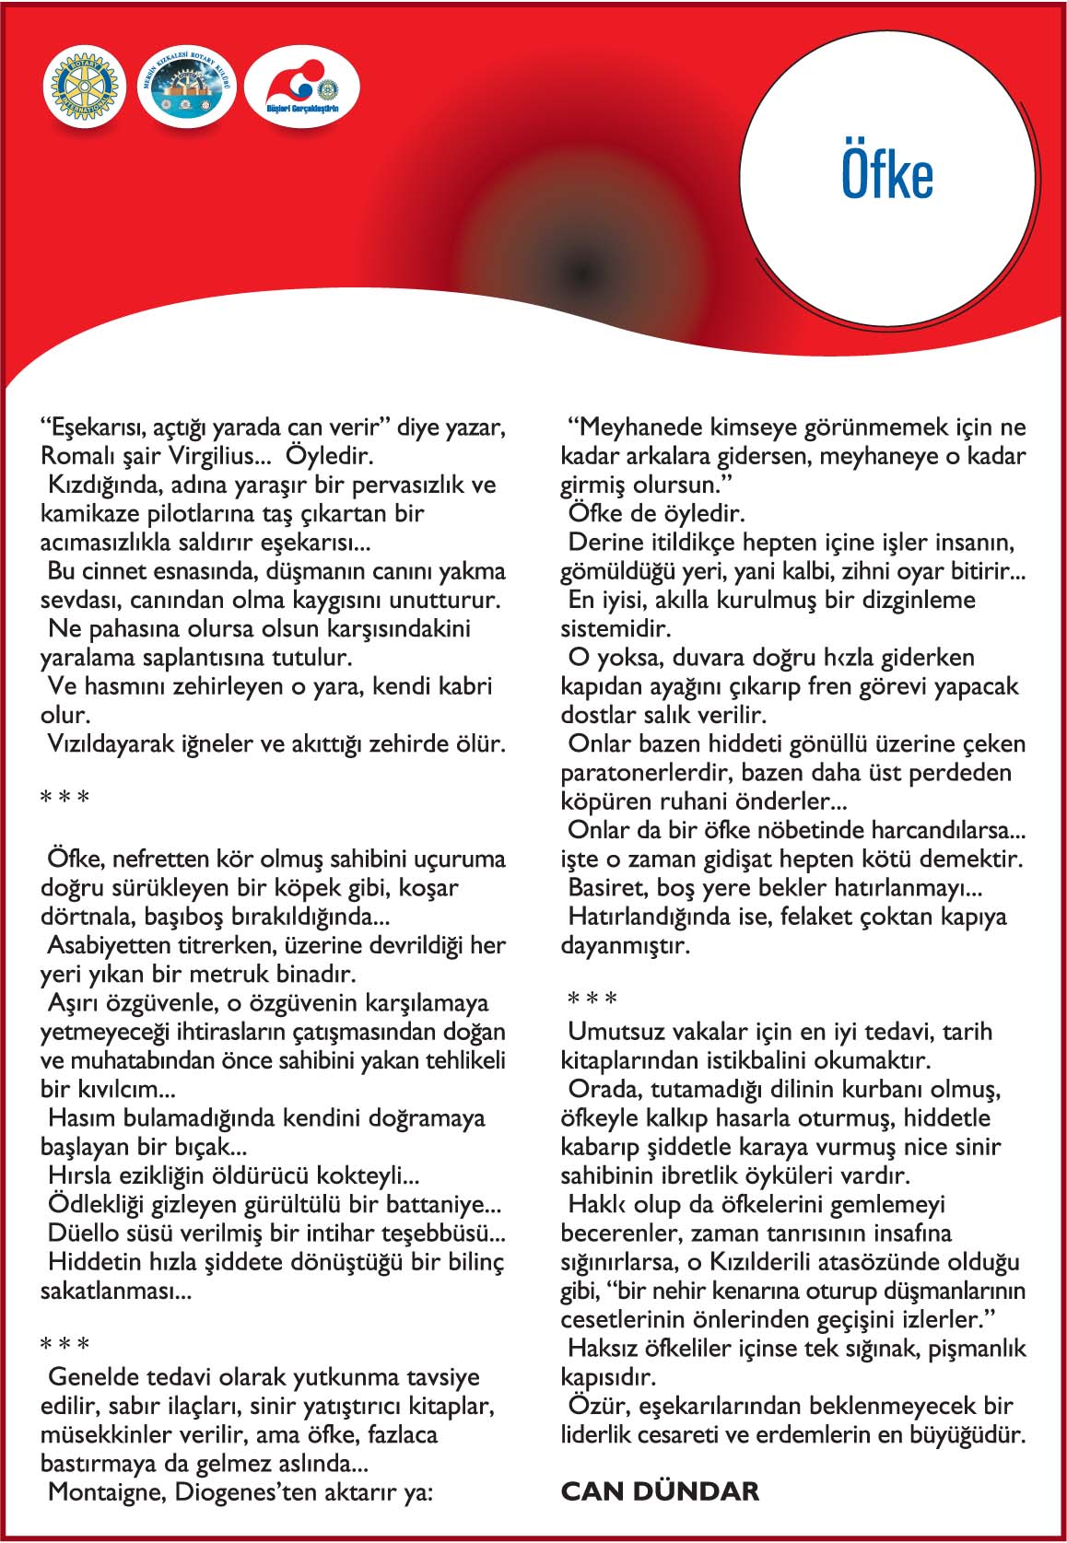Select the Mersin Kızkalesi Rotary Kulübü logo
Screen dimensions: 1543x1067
(188, 89)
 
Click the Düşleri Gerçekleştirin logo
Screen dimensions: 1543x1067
(302, 89)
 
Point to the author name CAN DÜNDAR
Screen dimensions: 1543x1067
(660, 1490)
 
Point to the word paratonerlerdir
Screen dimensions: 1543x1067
(647, 772)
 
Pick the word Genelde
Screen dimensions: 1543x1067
(91, 1377)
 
